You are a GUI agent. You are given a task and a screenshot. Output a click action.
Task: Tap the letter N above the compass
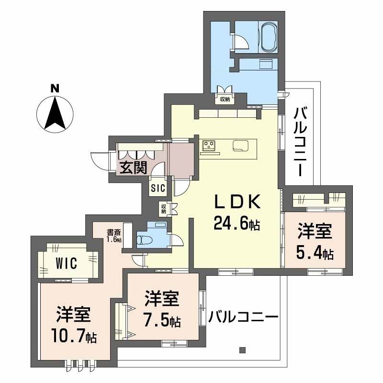point(55,88)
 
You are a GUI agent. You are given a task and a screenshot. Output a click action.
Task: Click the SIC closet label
point(158,188)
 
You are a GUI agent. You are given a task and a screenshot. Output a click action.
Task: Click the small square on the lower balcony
point(242,349)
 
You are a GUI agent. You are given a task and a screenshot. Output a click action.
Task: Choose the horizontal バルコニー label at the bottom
point(244,317)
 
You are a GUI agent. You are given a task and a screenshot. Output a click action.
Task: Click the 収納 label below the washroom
point(225,100)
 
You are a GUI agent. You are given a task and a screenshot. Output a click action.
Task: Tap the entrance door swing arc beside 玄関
point(99,160)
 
